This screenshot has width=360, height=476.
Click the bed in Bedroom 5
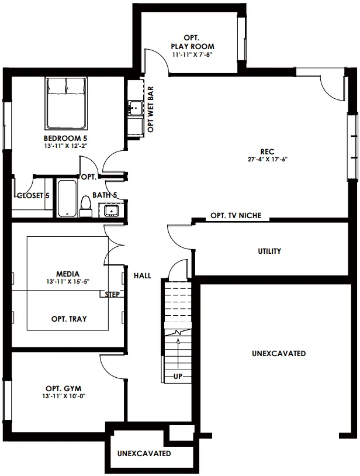(x=67, y=103)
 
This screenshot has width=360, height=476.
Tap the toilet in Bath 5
(x=85, y=207)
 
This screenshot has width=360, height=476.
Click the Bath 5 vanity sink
(x=111, y=210)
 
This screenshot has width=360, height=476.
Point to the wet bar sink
(x=135, y=108)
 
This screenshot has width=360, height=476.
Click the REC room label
(x=267, y=151)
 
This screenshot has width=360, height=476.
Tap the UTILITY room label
(x=269, y=251)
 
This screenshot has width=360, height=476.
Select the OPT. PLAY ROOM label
(x=193, y=42)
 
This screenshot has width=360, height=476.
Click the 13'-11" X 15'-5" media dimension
(x=68, y=282)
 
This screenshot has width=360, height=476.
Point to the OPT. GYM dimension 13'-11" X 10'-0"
(x=64, y=396)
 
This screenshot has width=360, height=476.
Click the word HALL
(x=142, y=275)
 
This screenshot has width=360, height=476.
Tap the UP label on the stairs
(x=178, y=376)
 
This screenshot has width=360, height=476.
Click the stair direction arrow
(x=178, y=353)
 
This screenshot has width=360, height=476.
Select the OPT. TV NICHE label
(x=236, y=216)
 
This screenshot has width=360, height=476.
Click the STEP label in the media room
(x=112, y=294)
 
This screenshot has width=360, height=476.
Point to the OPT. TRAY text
(x=69, y=319)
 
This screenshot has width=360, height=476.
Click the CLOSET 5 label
(x=33, y=195)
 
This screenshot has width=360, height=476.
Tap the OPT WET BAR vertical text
(x=150, y=109)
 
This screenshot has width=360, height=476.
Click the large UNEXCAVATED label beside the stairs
(x=279, y=353)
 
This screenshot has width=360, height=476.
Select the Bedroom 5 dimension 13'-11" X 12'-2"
(x=65, y=146)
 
